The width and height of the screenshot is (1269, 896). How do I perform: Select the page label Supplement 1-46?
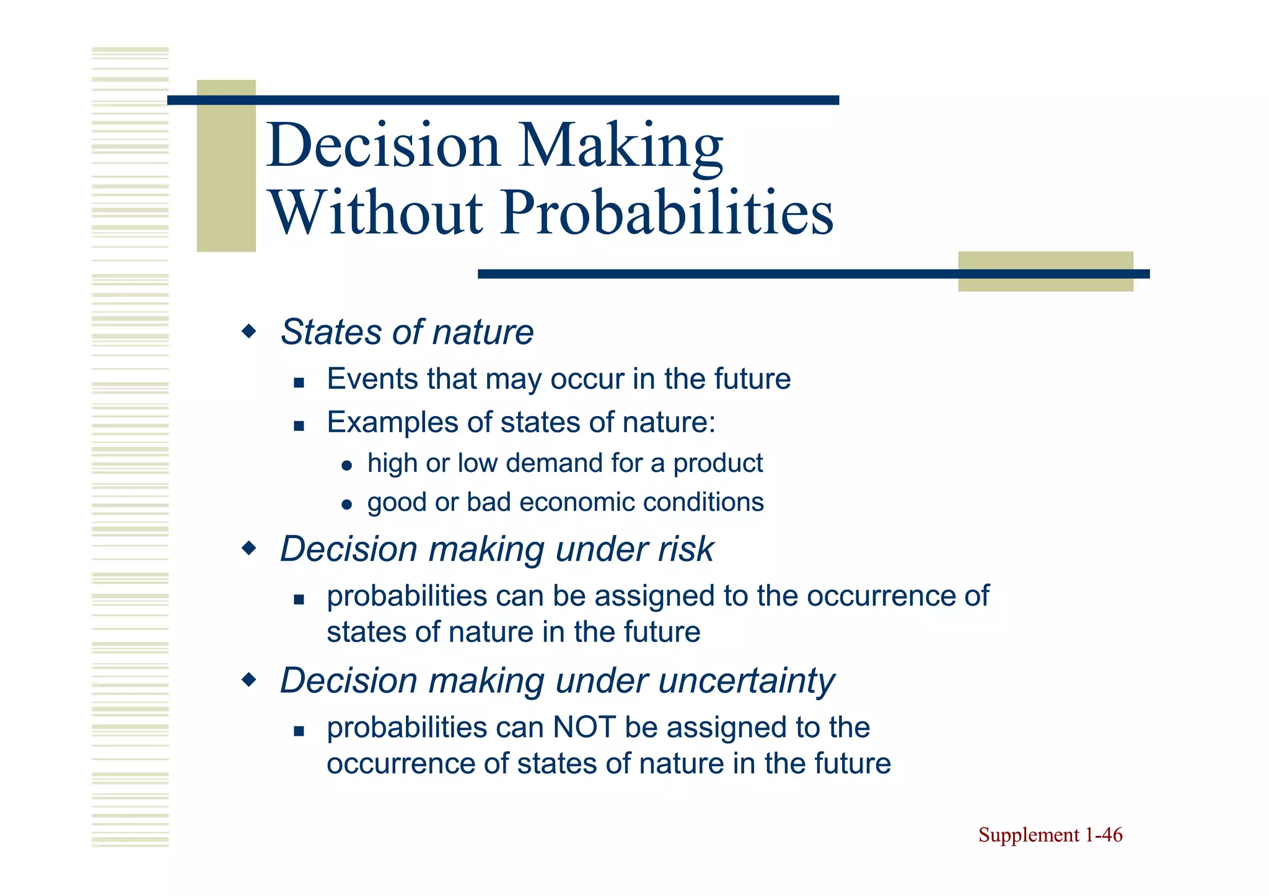pyautogui.click(x=1050, y=835)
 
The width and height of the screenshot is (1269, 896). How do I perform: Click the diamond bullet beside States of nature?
pyautogui.click(x=249, y=332)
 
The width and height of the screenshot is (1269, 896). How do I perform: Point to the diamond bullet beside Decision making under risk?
pyautogui.click(x=249, y=549)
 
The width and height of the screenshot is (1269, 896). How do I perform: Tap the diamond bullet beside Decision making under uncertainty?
pyautogui.click(x=249, y=681)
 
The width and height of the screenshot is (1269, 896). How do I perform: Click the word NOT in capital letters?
pyautogui.click(x=584, y=728)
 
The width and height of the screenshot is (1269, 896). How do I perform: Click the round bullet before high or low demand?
pyautogui.click(x=347, y=466)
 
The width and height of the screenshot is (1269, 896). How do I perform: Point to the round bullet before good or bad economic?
pyautogui.click(x=347, y=505)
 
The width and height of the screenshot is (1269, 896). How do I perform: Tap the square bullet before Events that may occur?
pyautogui.click(x=299, y=383)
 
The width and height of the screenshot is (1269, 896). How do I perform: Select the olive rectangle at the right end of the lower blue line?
pyautogui.click(x=1045, y=271)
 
